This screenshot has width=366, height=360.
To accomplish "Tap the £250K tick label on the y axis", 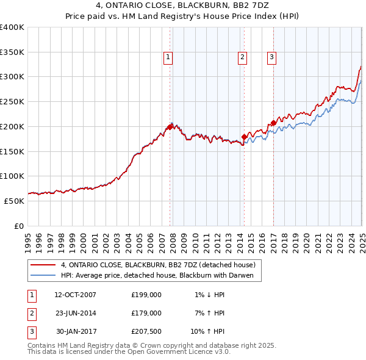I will point(12,101).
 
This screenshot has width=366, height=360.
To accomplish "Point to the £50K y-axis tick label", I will point(15,201).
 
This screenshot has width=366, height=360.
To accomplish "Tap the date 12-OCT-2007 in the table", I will point(75,295).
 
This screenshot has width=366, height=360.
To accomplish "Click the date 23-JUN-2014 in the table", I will point(75,313).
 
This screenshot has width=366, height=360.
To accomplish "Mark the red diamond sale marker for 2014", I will point(244,137).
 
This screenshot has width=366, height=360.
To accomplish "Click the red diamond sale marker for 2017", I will point(273,123).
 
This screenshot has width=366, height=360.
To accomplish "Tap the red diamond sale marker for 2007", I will point(170,127).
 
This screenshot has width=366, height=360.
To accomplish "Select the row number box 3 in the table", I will point(30,331).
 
